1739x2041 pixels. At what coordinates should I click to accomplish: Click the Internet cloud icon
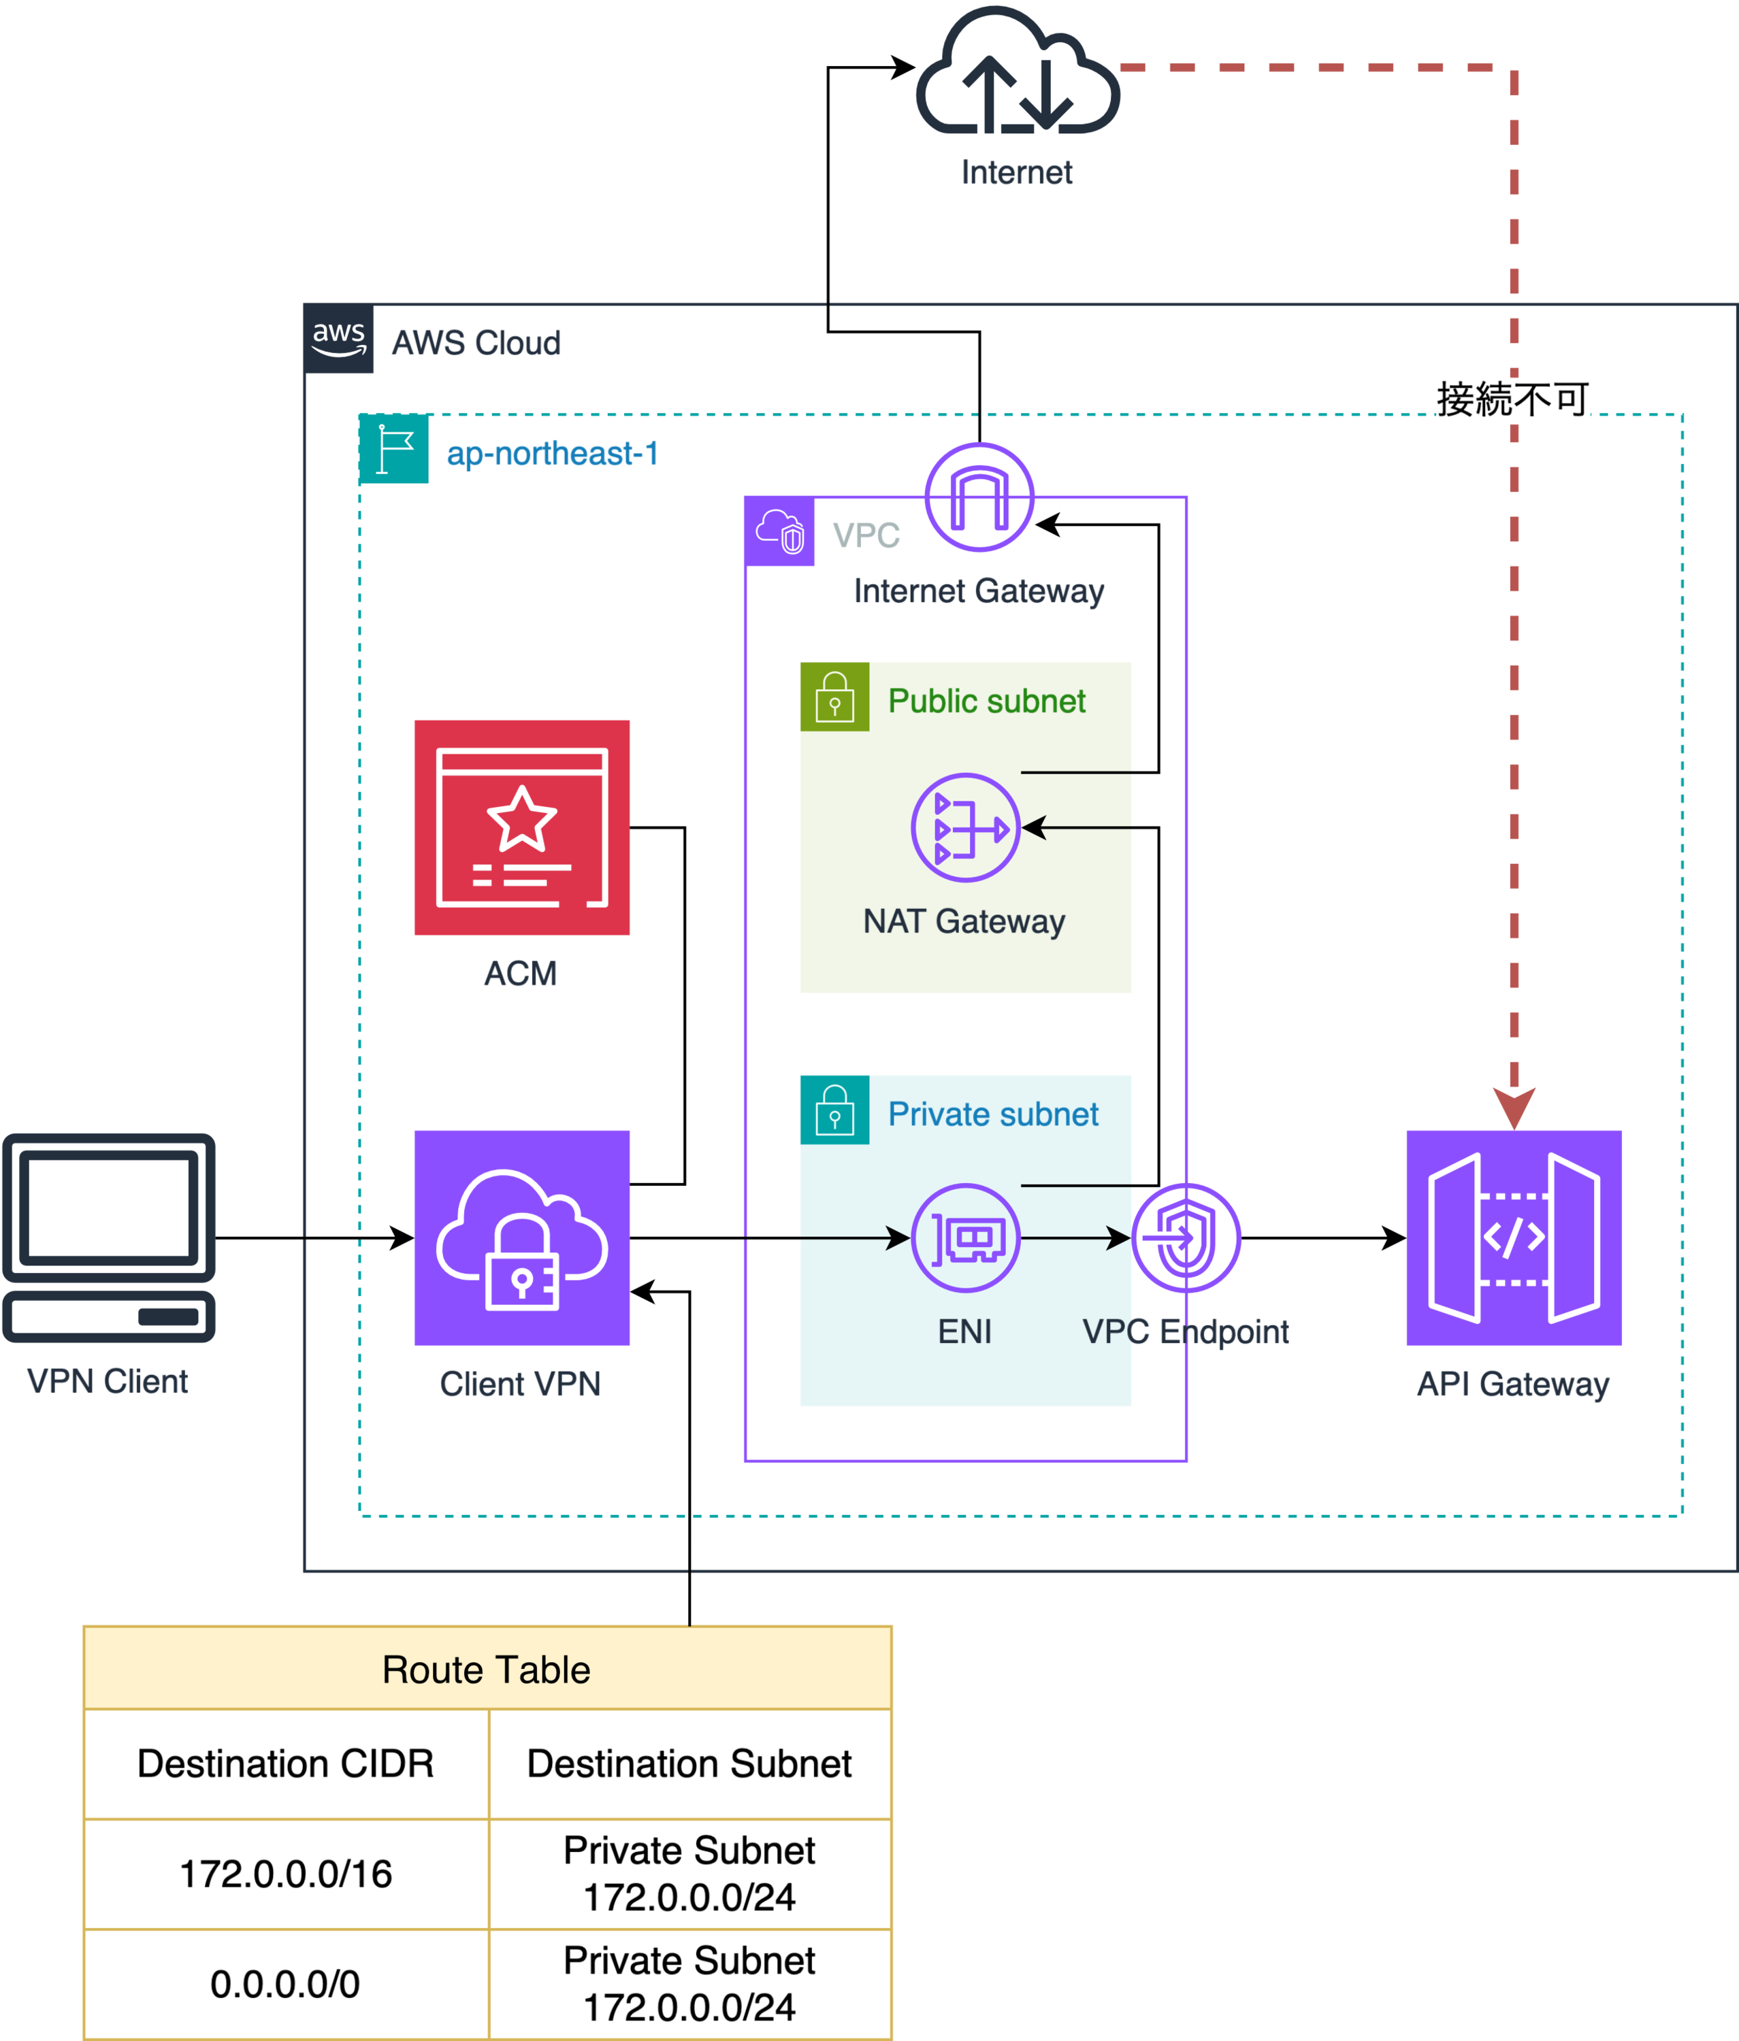(x=1017, y=74)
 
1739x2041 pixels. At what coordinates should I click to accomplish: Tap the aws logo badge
(x=338, y=339)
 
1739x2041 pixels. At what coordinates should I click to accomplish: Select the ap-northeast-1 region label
(x=552, y=453)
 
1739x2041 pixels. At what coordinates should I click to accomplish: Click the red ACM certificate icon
(x=521, y=827)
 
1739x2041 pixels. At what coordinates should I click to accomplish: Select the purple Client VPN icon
(x=521, y=1238)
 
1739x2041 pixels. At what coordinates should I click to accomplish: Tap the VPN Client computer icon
(x=108, y=1238)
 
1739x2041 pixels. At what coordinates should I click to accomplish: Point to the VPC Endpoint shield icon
(x=1185, y=1238)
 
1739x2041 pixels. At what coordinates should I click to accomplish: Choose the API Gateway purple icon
(x=1514, y=1238)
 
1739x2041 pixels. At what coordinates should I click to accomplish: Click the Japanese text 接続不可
(x=1512, y=399)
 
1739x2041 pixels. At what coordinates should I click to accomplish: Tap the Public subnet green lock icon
(x=834, y=697)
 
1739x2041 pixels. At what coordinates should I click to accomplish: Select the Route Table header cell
(x=487, y=1669)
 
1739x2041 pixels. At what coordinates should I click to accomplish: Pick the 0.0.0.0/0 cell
(x=286, y=1983)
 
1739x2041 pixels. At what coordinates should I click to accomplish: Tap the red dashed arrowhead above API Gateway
(x=1514, y=1107)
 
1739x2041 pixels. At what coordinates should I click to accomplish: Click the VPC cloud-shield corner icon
(x=779, y=532)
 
